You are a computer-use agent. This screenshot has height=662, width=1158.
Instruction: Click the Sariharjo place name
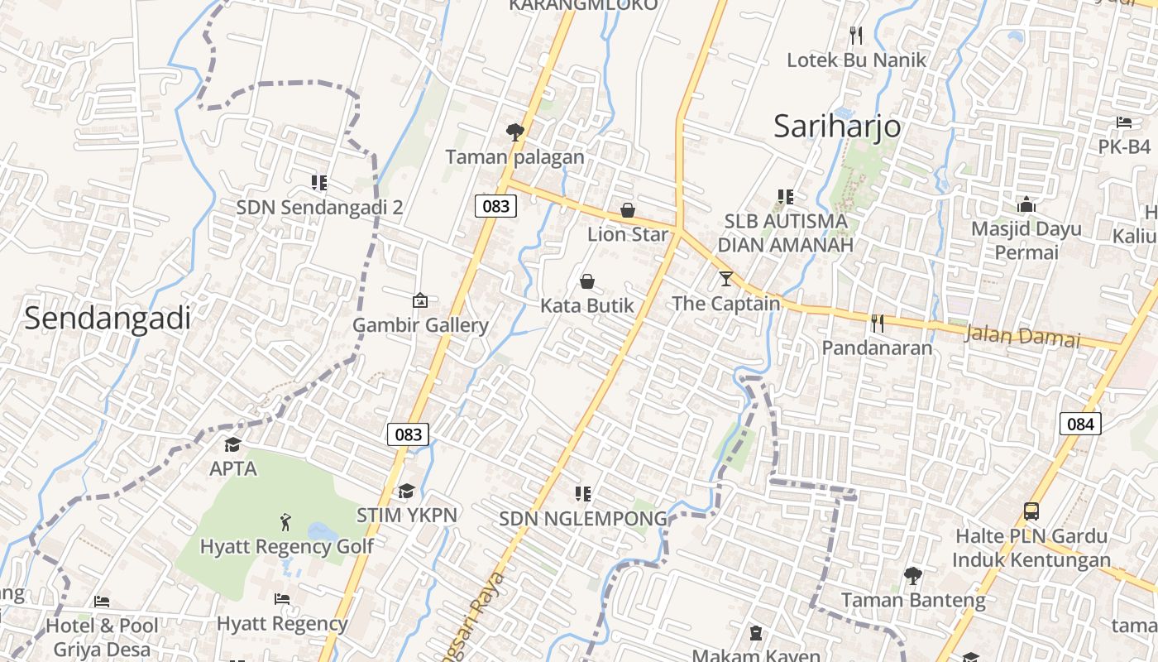837,127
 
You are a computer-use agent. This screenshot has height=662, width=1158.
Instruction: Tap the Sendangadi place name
108,319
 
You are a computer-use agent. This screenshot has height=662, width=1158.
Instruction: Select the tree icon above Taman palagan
514,132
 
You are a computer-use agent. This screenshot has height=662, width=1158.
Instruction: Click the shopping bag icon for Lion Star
628,210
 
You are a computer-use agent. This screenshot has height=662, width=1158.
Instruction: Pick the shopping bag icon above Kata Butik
587,281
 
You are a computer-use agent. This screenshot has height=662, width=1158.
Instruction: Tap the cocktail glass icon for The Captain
726,279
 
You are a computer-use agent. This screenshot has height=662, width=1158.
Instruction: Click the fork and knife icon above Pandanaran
878,324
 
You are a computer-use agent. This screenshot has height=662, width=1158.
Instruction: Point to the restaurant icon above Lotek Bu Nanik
856,36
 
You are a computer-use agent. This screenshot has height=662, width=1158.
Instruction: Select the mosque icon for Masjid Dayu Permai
1026,204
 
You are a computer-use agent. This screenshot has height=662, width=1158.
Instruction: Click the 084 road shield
1080,425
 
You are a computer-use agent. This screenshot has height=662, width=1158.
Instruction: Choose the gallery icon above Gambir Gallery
420,300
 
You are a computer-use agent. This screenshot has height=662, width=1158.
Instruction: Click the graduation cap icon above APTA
233,445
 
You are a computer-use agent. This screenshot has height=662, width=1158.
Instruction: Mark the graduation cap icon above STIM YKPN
406,492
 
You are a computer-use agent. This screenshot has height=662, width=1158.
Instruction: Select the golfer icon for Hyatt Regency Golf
286,522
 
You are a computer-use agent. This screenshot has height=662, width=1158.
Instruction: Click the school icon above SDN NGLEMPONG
583,494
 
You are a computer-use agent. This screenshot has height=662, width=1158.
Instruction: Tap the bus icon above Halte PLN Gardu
1031,511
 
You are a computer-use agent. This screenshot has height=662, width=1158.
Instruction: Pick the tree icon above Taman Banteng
913,575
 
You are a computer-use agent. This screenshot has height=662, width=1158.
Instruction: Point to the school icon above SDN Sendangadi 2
319,183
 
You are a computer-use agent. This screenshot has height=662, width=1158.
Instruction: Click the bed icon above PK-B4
1124,122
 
